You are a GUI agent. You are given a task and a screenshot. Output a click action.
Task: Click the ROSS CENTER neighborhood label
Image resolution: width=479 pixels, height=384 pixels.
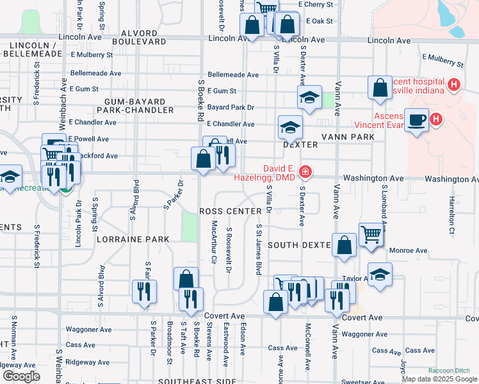pyautogui.click(x=231, y=211)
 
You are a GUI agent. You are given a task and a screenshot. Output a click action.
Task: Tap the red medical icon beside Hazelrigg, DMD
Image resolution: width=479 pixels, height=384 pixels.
pyautogui.click(x=306, y=171)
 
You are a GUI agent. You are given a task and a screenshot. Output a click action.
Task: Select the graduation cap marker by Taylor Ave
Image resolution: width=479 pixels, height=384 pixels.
pyautogui.click(x=380, y=274)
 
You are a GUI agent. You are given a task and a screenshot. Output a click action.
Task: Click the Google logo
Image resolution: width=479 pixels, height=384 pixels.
pyautogui.click(x=22, y=376)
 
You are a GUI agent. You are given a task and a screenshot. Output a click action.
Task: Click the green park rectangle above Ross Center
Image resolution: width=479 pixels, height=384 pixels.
pyautogui.click(x=190, y=226)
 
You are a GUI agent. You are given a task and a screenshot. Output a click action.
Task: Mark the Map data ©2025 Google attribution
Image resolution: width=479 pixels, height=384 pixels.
pyautogui.click(x=439, y=379)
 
